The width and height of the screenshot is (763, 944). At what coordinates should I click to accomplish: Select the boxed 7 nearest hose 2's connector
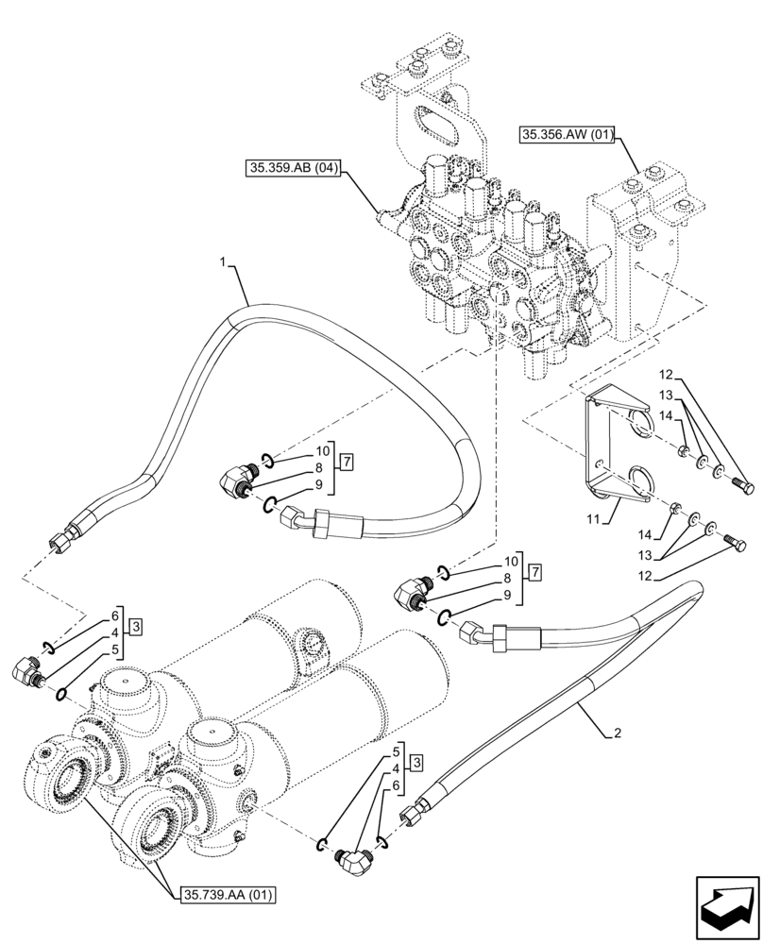coord(535,572)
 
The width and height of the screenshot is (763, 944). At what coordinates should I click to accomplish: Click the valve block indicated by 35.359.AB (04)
coord(482,255)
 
